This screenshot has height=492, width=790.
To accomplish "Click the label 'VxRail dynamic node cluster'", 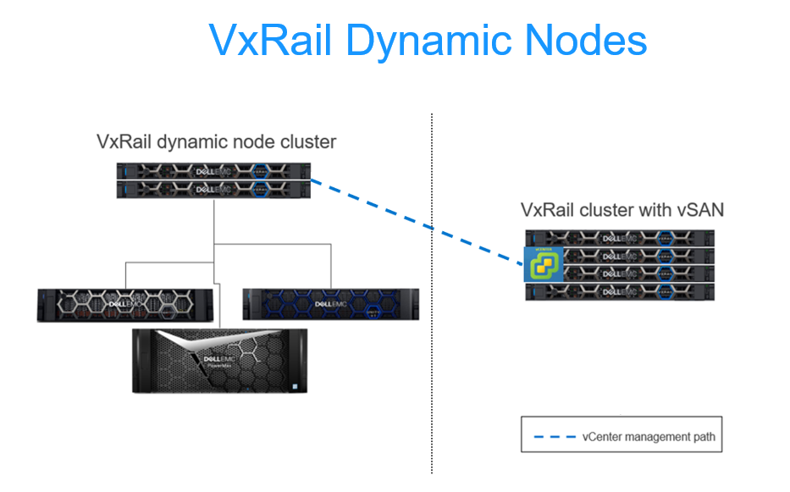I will pyautogui.click(x=216, y=141).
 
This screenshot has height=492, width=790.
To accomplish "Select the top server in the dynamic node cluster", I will pyautogui.click(x=213, y=169).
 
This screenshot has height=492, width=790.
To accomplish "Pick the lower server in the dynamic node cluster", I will pyautogui.click(x=213, y=190).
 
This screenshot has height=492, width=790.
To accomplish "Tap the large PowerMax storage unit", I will pyautogui.click(x=220, y=359).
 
